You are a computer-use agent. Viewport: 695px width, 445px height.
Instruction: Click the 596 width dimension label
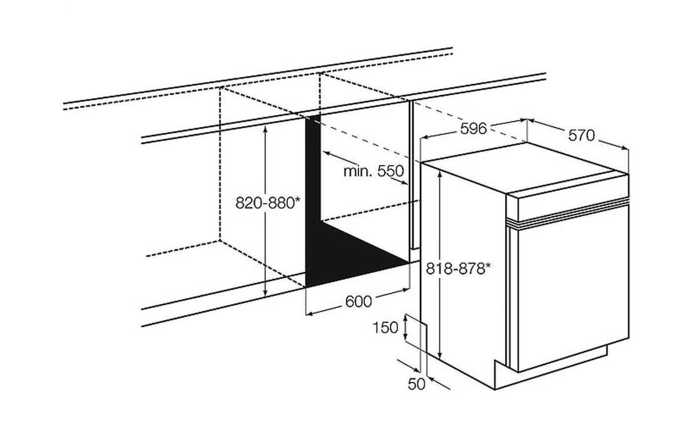(473, 129)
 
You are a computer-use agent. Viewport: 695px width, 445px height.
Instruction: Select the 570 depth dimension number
(581, 136)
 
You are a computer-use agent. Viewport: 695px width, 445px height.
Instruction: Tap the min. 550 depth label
(374, 171)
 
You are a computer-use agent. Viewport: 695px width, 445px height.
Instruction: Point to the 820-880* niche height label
(268, 203)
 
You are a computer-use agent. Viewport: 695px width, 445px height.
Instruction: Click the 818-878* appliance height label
(458, 268)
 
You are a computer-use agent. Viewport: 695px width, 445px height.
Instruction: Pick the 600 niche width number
(359, 301)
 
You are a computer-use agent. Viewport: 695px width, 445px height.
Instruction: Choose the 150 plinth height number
(385, 327)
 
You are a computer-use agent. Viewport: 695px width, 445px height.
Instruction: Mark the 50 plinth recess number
(416, 384)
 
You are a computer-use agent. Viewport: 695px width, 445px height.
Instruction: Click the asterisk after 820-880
(297, 199)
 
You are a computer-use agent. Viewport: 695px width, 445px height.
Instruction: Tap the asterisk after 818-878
(488, 265)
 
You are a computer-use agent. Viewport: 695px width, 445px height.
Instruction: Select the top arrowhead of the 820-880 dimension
(265, 129)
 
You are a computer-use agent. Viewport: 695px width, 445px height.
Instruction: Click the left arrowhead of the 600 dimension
(309, 313)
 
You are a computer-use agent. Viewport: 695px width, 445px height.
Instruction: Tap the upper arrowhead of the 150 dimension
(405, 318)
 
